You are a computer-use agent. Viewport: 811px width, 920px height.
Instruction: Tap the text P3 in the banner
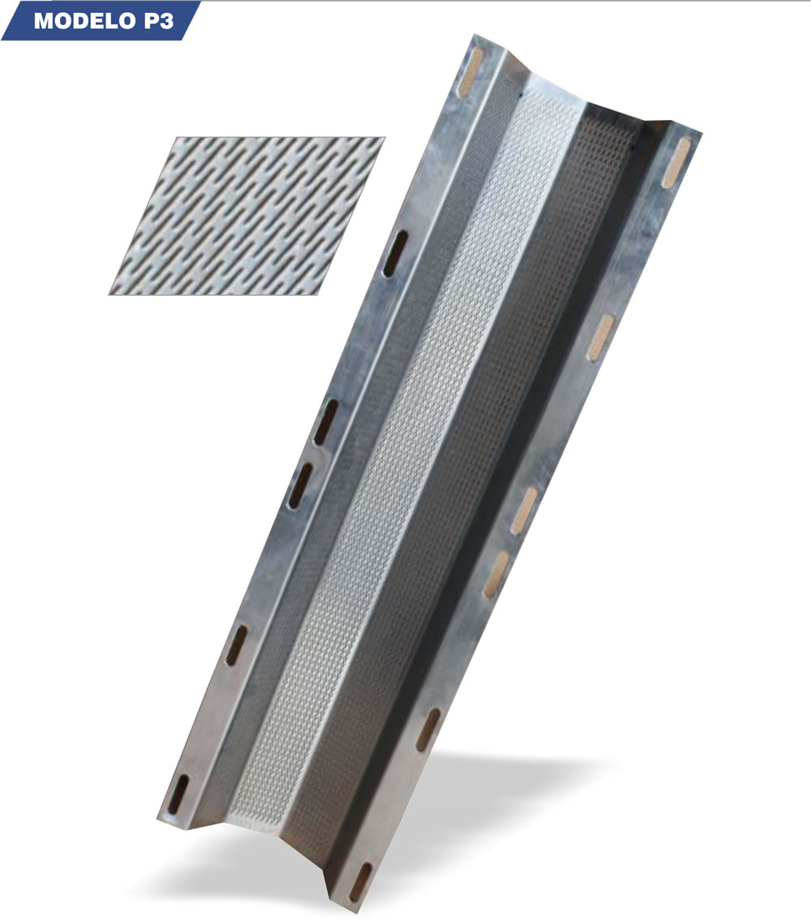157,21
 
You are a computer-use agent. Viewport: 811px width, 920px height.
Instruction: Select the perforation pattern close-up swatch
247,216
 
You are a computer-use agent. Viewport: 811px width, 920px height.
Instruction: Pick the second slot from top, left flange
395,254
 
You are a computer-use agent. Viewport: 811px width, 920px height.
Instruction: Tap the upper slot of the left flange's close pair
326,421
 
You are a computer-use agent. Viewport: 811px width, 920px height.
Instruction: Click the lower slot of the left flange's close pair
300,486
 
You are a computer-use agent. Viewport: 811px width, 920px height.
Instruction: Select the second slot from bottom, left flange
237,645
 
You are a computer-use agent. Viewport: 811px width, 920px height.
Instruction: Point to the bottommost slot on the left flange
178,795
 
